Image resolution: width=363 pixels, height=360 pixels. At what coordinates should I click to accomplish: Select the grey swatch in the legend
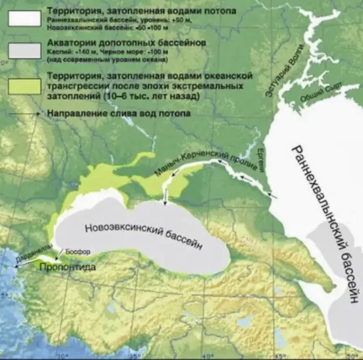(x=24, y=51)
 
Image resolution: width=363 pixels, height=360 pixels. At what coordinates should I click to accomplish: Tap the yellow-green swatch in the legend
(x=24, y=84)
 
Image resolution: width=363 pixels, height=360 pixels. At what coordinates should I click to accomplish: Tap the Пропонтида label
(x=67, y=268)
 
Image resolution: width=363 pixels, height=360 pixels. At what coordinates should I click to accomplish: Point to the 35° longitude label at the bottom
(x=134, y=355)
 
